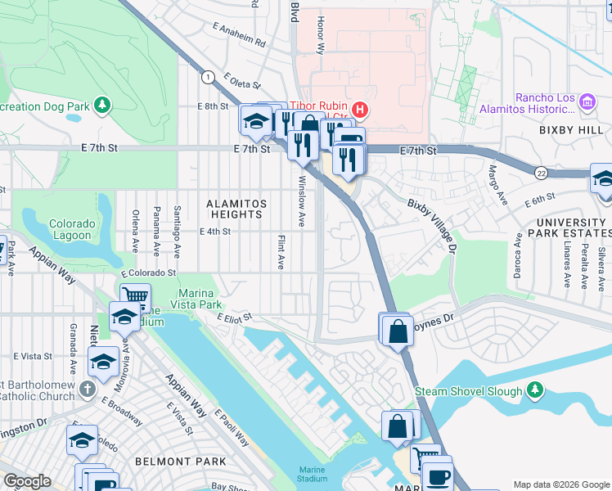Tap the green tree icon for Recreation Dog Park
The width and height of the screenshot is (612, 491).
click(x=102, y=105)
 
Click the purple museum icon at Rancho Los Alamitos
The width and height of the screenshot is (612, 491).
click(x=586, y=102)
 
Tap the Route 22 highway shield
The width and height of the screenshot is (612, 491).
click(x=542, y=173)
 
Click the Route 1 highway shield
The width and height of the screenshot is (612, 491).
click(x=209, y=76)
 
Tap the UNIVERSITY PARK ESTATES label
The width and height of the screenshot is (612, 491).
click(x=570, y=228)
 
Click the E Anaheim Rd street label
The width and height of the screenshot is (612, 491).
click(x=239, y=34)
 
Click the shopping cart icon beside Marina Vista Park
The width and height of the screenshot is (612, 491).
click(x=135, y=297)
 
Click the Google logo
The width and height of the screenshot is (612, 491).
click(x=27, y=481)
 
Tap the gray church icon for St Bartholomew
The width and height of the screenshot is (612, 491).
click(x=88, y=391)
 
